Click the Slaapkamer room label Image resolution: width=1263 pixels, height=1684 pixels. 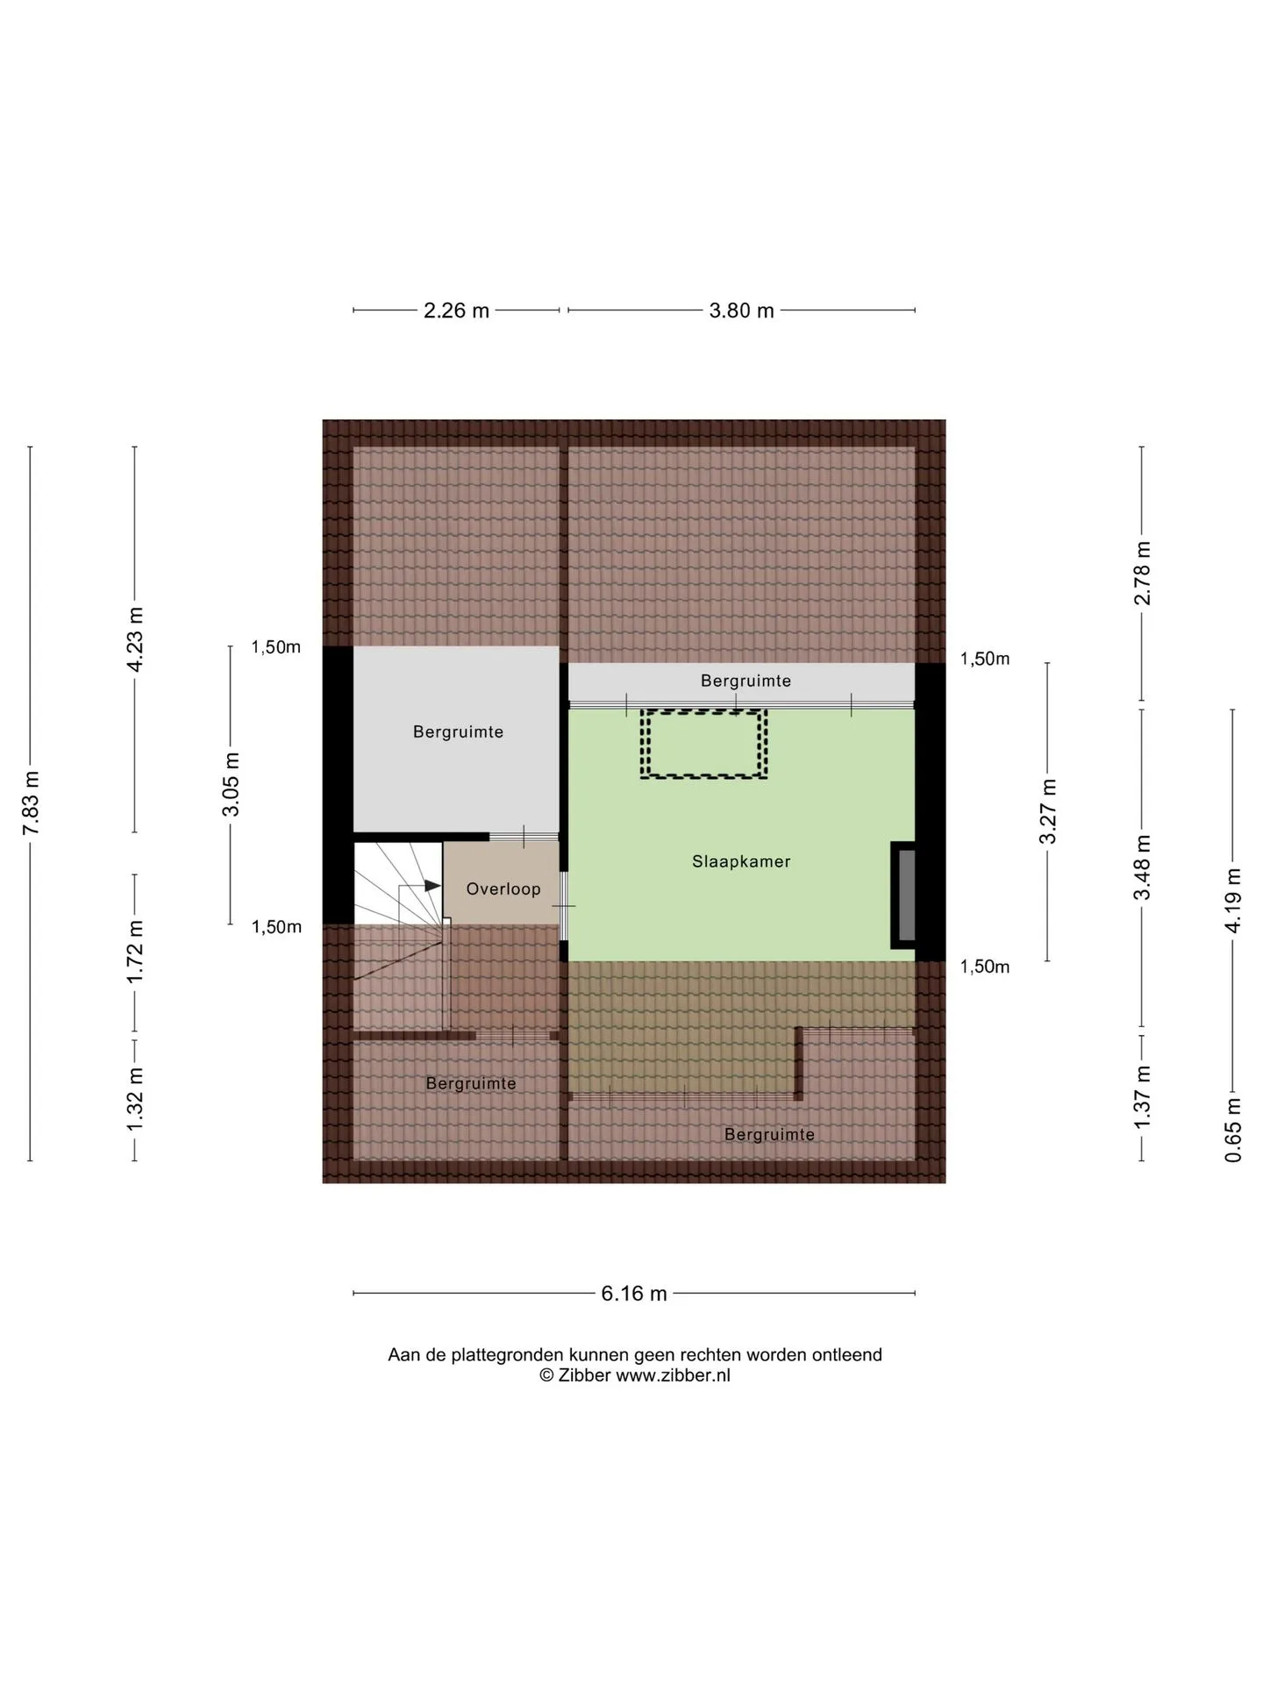[741, 862]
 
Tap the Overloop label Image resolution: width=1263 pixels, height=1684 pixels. [503, 889]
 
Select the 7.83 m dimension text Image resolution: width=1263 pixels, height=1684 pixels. [32, 803]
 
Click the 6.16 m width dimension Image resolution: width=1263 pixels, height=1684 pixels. [634, 1294]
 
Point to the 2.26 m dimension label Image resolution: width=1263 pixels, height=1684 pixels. [456, 310]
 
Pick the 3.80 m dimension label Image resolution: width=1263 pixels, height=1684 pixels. [742, 310]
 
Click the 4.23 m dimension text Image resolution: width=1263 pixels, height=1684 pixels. [135, 639]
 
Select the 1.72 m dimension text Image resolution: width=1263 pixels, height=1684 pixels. [135, 953]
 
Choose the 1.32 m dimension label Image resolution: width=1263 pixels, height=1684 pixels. [135, 1100]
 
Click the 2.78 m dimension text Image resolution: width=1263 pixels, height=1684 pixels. [1142, 574]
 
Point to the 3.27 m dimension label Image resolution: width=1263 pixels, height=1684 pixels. [1047, 811]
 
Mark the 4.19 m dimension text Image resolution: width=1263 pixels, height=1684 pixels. [1233, 901]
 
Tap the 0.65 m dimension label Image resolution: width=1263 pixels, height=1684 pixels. [1233, 1131]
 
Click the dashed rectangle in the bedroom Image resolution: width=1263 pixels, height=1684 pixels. [703, 711]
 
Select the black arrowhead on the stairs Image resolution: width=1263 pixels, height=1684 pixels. [432, 886]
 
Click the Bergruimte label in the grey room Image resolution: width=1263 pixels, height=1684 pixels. [458, 732]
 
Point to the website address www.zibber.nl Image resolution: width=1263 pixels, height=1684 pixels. [673, 1375]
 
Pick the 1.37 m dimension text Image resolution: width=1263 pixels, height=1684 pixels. [1142, 1098]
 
